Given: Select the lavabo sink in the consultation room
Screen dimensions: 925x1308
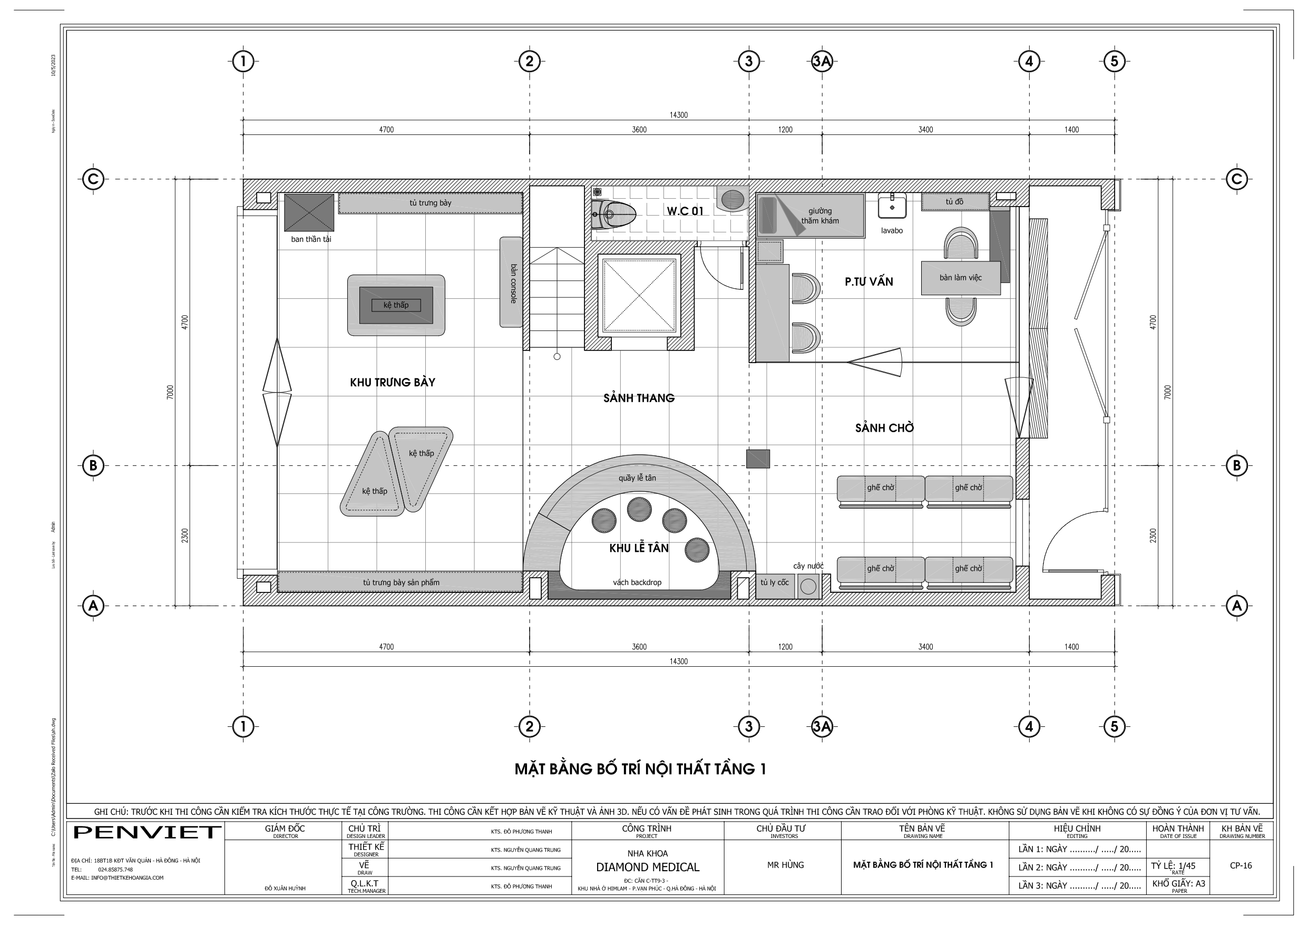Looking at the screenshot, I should click(892, 206).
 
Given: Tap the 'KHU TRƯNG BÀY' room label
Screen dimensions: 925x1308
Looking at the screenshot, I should click(393, 383).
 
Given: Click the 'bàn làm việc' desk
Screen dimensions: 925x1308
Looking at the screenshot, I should click(961, 278).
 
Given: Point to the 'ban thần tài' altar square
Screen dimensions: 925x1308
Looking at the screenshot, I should click(309, 212).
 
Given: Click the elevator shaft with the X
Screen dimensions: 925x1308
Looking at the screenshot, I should click(639, 295).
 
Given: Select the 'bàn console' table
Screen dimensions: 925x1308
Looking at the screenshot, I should click(511, 282).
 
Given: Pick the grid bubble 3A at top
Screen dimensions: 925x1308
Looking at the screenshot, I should click(822, 61).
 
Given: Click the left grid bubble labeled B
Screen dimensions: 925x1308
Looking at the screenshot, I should click(93, 465).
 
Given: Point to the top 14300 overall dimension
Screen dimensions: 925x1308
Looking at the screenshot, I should click(678, 115).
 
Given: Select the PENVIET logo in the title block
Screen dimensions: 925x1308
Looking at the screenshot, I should click(147, 832).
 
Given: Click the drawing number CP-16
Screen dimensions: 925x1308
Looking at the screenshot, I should click(1241, 865).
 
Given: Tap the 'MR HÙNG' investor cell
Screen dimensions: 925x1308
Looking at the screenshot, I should click(785, 865).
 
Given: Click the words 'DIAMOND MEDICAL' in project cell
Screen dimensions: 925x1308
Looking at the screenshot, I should click(647, 868).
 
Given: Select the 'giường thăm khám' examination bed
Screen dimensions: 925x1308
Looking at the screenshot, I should click(810, 216).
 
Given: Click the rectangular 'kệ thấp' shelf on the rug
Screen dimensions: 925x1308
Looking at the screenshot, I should click(396, 306).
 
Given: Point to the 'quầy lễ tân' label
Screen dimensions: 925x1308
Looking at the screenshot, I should click(637, 478).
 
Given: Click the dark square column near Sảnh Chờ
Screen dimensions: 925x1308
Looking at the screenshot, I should click(758, 459).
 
